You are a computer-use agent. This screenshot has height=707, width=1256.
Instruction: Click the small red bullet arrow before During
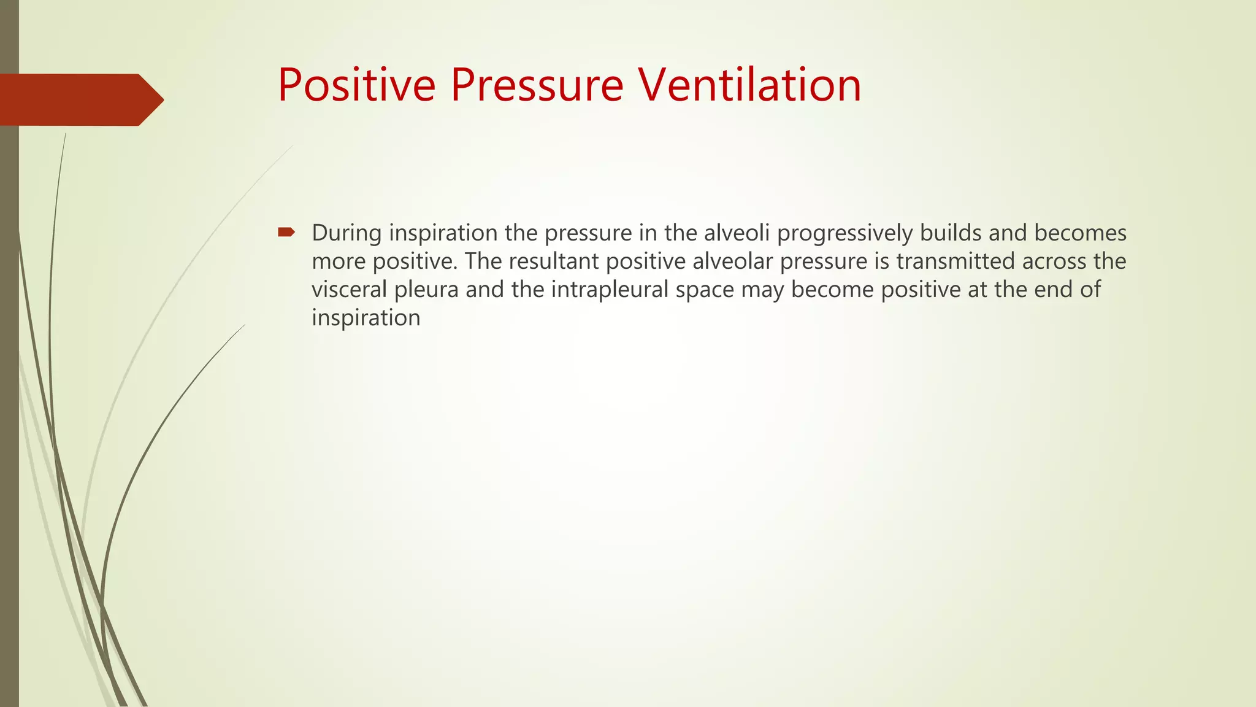(x=286, y=232)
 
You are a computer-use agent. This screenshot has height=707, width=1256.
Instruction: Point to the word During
(x=347, y=233)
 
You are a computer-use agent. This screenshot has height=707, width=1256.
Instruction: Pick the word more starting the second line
(x=339, y=262)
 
